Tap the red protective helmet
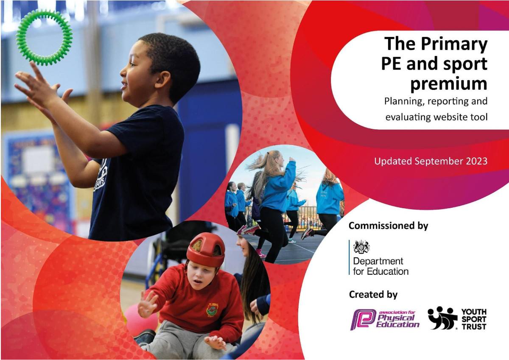click(x=206, y=249)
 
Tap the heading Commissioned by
click(x=389, y=226)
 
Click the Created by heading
click(x=373, y=294)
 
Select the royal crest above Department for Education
click(x=361, y=247)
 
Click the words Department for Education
click(x=381, y=266)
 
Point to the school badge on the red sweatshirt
click(x=212, y=310)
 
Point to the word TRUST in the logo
click(x=474, y=327)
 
